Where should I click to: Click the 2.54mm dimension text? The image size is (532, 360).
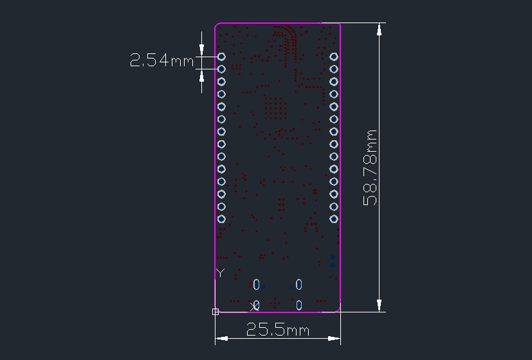point(161,60)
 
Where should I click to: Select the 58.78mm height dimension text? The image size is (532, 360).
point(370,167)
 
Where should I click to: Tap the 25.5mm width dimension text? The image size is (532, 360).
point(277,330)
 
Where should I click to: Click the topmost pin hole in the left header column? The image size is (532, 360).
point(221,57)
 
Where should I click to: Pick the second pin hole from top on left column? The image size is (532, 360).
point(221,69)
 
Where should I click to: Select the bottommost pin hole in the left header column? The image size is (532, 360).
point(221,219)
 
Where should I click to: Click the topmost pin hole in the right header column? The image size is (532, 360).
point(334,57)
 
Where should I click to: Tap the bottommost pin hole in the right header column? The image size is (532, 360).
point(334,219)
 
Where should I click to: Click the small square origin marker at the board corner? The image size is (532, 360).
point(216,312)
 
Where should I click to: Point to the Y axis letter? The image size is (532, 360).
point(221,273)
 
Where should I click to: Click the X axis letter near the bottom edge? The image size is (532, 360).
point(253,306)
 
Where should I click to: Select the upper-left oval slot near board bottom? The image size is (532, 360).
point(257,284)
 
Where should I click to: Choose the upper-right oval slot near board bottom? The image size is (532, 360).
point(298,284)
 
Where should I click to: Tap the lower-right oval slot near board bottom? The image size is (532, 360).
point(298,305)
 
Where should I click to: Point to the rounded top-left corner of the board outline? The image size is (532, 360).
point(217,26)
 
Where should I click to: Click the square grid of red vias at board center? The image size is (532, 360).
point(276,107)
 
